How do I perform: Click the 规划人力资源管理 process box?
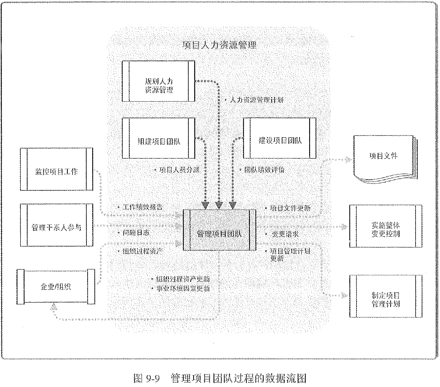click(x=158, y=86)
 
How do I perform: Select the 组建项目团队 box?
click(x=158, y=141)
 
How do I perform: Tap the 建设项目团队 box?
click(x=280, y=140)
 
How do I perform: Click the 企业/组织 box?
click(x=56, y=286)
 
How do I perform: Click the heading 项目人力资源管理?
click(x=220, y=45)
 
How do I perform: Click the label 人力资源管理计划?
click(x=256, y=100)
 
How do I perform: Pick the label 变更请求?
click(x=284, y=234)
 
